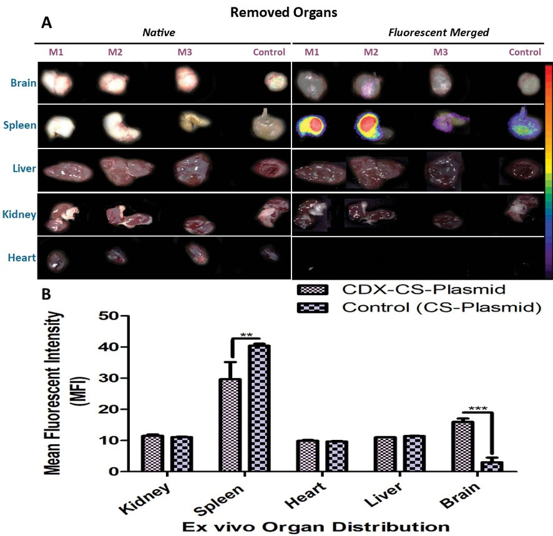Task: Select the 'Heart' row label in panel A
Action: (x=21, y=257)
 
